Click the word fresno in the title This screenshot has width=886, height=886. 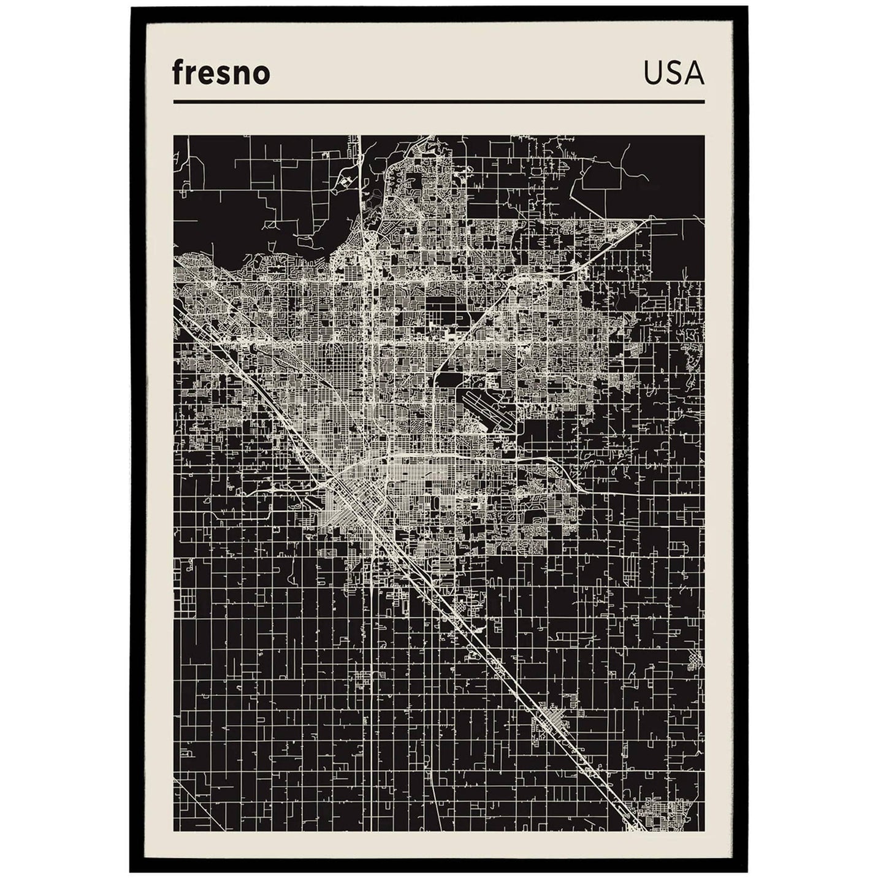221,74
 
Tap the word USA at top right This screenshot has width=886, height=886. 673,74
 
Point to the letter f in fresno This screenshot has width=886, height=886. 178,73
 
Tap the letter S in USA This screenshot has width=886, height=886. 673,74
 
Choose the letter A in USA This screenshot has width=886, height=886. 694,74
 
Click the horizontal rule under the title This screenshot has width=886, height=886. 438,102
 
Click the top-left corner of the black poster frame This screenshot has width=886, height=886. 131,8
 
